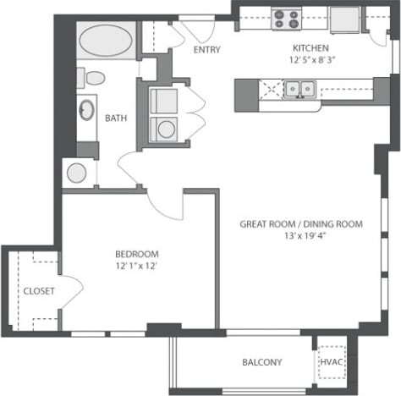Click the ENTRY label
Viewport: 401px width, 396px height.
pyautogui.click(x=206, y=50)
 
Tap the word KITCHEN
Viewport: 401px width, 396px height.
pyautogui.click(x=310, y=48)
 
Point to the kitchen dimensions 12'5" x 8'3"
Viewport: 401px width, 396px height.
pyautogui.click(x=310, y=61)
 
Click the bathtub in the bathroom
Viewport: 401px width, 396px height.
pyautogui.click(x=105, y=39)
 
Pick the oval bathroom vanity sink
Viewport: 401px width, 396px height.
pyautogui.click(x=87, y=111)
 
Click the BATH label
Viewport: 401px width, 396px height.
pyautogui.click(x=116, y=118)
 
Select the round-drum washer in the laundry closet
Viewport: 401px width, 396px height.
pyautogui.click(x=165, y=129)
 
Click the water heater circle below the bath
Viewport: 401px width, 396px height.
pyautogui.click(x=76, y=173)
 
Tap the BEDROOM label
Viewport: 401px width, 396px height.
pyautogui.click(x=136, y=254)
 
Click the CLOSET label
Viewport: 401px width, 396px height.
pyautogui.click(x=38, y=290)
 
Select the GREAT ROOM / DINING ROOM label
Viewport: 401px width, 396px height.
pyautogui.click(x=301, y=224)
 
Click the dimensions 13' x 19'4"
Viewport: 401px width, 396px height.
pyautogui.click(x=301, y=237)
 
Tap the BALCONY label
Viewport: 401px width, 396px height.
pyautogui.click(x=262, y=362)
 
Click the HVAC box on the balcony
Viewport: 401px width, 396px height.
pyautogui.click(x=329, y=362)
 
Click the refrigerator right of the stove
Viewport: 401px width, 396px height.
pyautogui.click(x=345, y=19)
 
